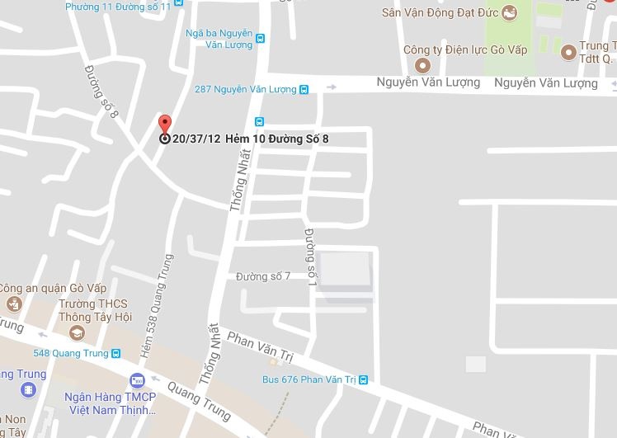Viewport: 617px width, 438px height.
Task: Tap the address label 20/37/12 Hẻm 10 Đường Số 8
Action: (251, 139)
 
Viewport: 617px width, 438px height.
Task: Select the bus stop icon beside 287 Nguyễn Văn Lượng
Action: (304, 89)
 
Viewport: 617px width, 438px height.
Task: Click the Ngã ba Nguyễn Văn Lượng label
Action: (220, 39)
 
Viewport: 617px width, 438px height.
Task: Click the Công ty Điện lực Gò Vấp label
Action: (464, 49)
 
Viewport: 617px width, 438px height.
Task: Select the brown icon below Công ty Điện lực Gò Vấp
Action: (423, 65)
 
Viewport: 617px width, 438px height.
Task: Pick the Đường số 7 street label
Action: (263, 276)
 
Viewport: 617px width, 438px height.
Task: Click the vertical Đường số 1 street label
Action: (311, 257)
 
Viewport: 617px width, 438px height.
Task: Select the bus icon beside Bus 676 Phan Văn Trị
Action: (362, 379)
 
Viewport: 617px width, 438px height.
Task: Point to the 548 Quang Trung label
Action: (71, 354)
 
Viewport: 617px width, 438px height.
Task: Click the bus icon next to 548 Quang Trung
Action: (115, 354)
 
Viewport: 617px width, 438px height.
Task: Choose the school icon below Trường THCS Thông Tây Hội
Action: (77, 332)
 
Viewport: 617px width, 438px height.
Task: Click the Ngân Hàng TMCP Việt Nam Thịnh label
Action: (111, 402)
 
